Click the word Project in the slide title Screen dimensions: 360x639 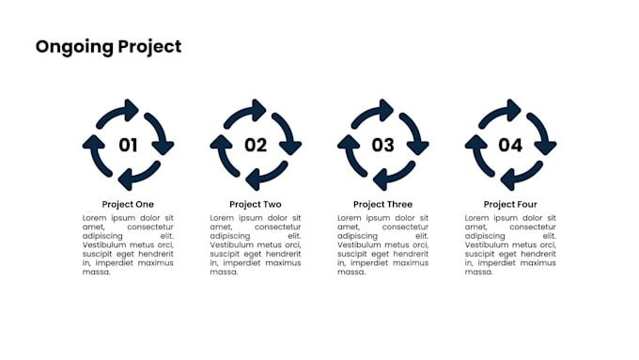coord(148,47)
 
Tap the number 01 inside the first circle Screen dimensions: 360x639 coord(128,145)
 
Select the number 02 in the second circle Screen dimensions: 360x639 coord(256,145)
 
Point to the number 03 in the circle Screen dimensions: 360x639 coord(382,145)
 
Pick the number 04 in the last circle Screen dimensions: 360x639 coord(510,145)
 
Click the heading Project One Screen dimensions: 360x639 coord(128,204)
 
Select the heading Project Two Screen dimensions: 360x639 coord(256,204)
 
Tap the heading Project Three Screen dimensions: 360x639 coord(382,204)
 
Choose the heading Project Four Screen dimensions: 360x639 coord(510,204)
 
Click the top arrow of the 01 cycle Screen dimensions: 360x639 coord(118,112)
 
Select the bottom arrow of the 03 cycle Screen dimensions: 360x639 coord(393,177)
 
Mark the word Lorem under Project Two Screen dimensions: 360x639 coord(223,217)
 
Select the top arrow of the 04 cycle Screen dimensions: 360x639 coord(501,112)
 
